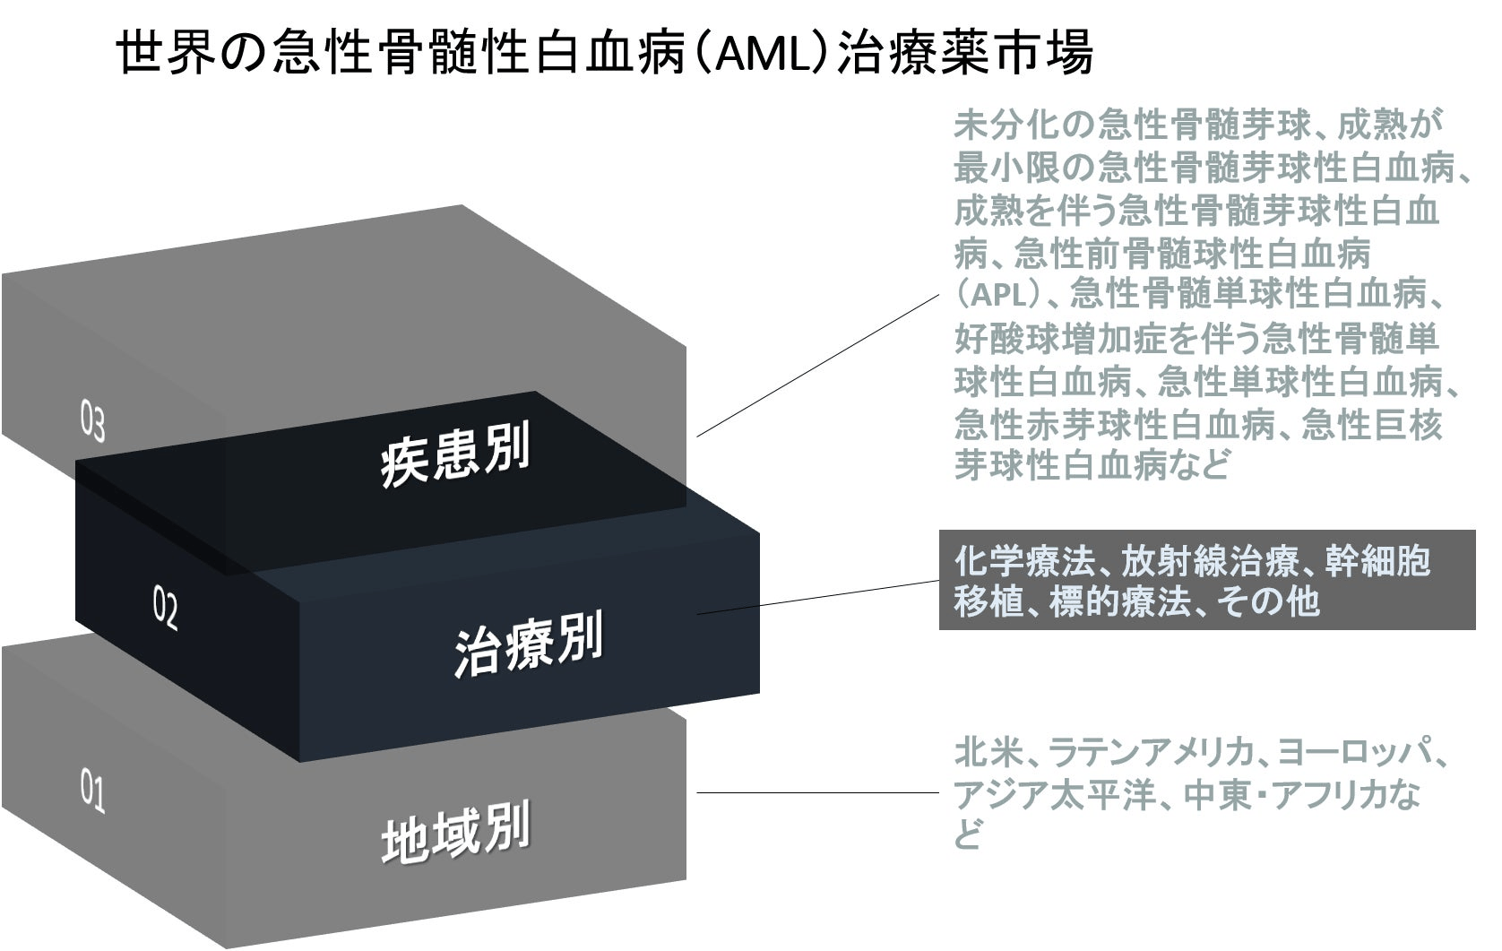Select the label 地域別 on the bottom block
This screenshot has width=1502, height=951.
click(x=454, y=834)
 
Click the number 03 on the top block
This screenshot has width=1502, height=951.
click(x=92, y=424)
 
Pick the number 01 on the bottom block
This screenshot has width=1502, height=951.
click(x=92, y=794)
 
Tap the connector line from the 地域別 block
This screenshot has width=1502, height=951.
click(x=816, y=792)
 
